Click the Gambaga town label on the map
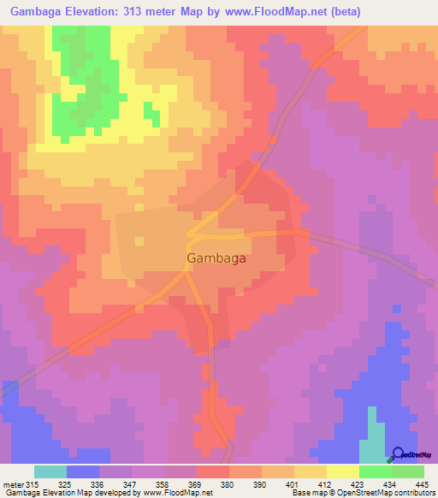pyautogui.click(x=217, y=257)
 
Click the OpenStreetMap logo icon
pyautogui.click(x=399, y=454)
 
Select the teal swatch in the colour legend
pyautogui.click(x=50, y=471)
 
